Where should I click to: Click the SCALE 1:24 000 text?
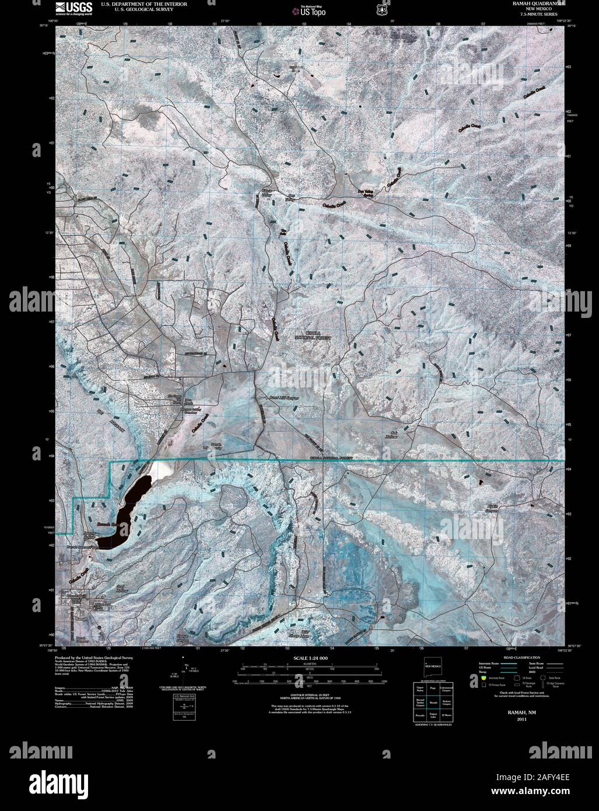pos(306,659)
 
